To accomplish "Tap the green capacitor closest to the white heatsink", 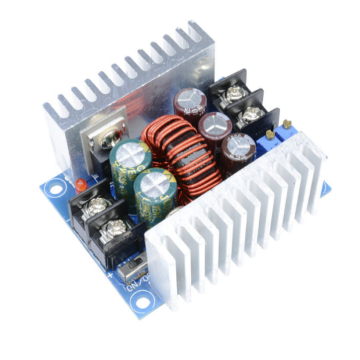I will [x=154, y=188].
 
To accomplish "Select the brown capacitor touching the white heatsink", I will [x=238, y=151].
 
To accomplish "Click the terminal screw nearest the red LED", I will [x=96, y=207].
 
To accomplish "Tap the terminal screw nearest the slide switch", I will [x=115, y=228].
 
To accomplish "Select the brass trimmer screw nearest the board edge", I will [x=287, y=124].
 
